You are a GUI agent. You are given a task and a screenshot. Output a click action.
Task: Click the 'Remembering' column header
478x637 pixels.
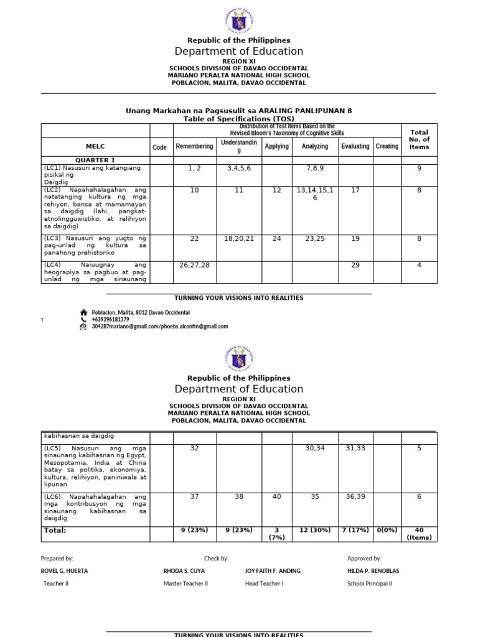click(194, 146)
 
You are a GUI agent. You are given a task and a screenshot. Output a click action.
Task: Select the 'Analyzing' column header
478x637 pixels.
click(314, 146)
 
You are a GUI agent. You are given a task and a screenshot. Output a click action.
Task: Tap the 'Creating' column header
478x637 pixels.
click(387, 146)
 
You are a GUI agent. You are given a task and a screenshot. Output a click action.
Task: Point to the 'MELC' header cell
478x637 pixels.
click(95, 147)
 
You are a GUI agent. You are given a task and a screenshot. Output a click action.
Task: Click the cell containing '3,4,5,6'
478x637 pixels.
click(238, 169)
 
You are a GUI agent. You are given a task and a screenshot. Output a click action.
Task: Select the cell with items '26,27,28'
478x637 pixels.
click(194, 265)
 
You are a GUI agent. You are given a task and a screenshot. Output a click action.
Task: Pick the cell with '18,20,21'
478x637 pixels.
click(238, 239)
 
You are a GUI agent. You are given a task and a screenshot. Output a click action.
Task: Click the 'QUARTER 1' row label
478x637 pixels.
click(95, 160)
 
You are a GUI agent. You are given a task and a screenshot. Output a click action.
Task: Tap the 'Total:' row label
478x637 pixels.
click(55, 531)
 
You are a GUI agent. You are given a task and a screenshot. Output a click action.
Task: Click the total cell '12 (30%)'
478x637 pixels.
click(314, 531)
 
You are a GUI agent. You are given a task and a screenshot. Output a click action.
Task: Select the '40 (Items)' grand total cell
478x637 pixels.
click(419, 534)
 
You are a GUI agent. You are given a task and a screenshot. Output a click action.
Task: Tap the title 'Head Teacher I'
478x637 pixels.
click(264, 584)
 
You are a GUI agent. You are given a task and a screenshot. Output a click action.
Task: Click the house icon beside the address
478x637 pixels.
click(83, 312)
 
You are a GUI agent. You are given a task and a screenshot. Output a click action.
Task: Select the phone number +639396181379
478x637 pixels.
click(110, 320)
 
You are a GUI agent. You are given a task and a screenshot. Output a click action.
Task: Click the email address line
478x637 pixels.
click(159, 327)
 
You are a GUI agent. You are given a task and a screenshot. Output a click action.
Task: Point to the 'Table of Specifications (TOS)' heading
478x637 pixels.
click(239, 119)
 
